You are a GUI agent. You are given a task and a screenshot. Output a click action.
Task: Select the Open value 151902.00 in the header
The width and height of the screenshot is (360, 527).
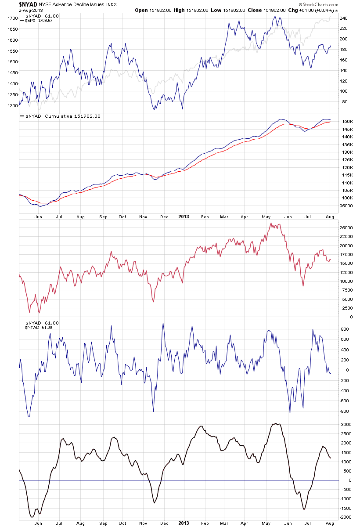(163, 10)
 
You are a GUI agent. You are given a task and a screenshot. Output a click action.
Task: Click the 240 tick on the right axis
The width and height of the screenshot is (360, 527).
(344, 18)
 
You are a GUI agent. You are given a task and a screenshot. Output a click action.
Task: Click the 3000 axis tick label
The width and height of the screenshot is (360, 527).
(346, 425)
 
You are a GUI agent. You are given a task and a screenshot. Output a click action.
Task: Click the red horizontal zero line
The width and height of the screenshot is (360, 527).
(176, 370)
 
